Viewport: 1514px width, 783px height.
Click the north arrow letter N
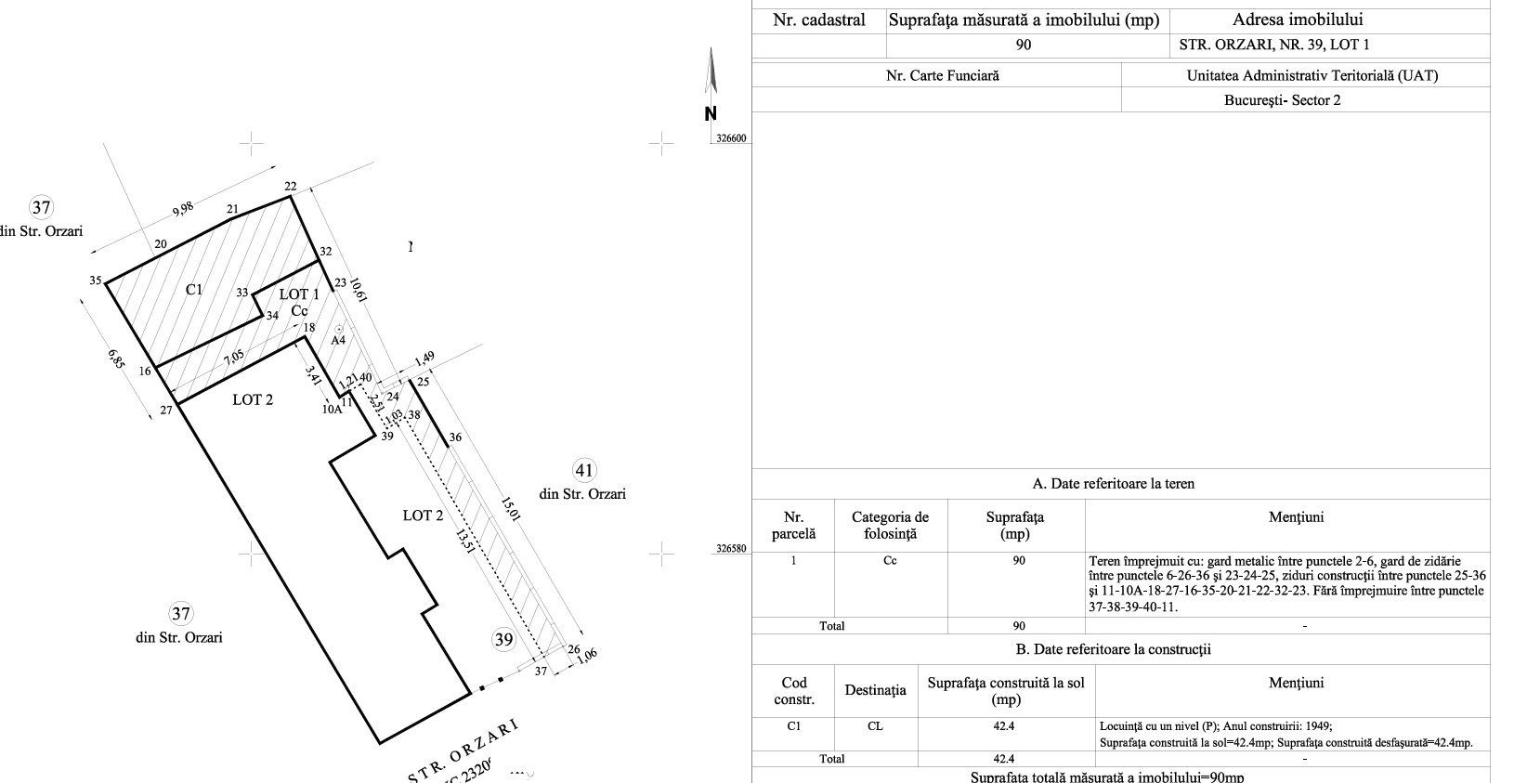tap(711, 114)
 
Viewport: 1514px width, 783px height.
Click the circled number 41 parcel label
tap(584, 470)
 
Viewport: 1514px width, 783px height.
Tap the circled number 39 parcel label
tap(502, 639)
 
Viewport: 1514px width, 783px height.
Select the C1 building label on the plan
tap(193, 290)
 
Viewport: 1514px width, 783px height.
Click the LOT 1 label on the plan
tap(299, 294)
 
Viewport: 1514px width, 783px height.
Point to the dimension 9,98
tap(182, 211)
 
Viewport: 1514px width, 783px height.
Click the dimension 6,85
tap(116, 359)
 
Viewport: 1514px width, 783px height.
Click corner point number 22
tap(290, 187)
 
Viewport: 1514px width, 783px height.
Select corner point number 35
tap(96, 281)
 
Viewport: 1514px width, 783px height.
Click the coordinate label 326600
tap(731, 139)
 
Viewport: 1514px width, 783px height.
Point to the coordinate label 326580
tap(731, 550)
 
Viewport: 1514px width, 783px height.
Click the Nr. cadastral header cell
tap(818, 20)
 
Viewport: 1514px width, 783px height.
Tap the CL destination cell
tap(875, 726)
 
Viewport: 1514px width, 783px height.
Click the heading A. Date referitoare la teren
tap(1113, 483)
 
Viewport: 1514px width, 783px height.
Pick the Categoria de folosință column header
tap(890, 526)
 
